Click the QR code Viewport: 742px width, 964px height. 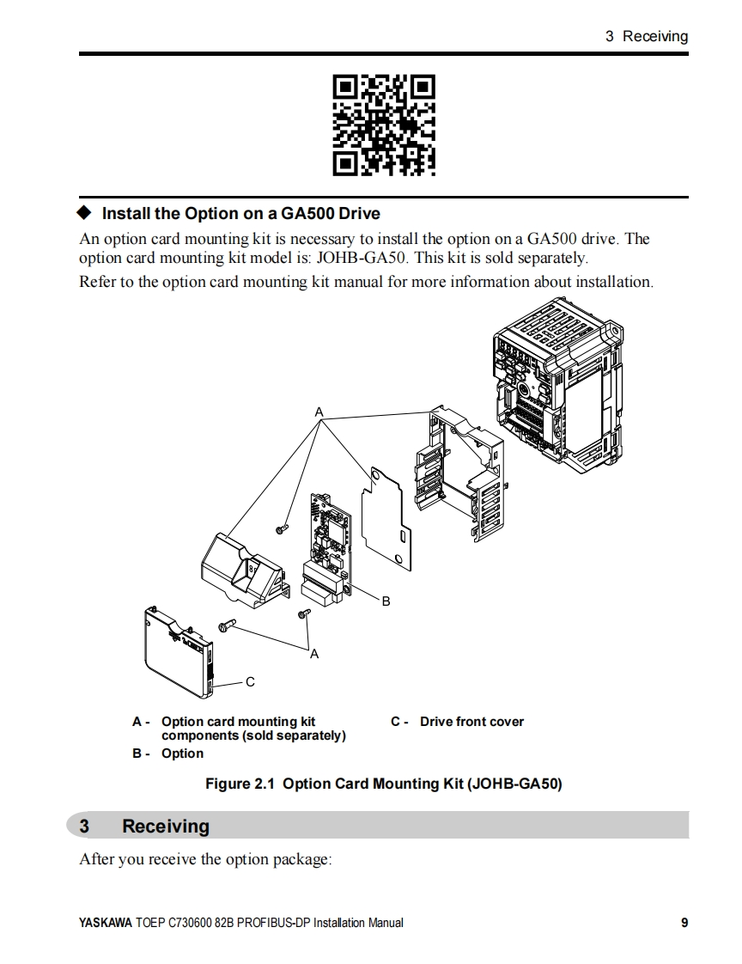tap(383, 125)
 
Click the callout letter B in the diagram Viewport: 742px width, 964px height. tap(386, 601)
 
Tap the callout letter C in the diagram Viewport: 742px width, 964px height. tap(250, 682)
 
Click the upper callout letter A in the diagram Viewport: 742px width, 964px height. tap(319, 412)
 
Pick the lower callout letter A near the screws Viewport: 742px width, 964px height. tap(314, 655)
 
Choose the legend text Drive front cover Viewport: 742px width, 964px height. tap(471, 722)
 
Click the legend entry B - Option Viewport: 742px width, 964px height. tap(168, 754)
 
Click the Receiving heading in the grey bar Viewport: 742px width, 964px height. tap(166, 827)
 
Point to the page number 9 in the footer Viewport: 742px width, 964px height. tap(684, 924)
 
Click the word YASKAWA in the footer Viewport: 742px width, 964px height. tap(106, 924)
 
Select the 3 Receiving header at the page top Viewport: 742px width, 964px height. tap(647, 36)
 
